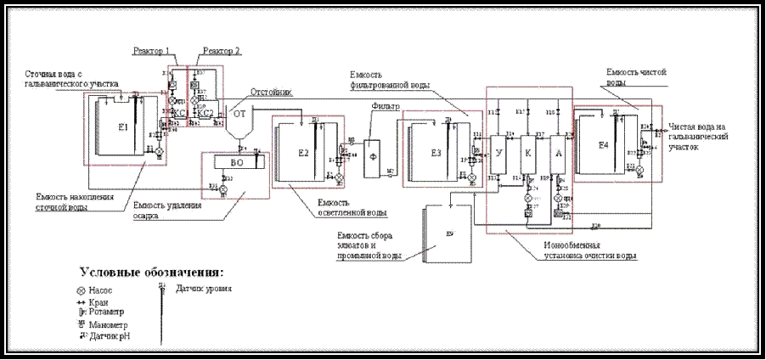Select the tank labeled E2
303,154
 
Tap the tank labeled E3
434,153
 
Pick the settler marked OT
239,112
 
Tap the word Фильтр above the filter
386,107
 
